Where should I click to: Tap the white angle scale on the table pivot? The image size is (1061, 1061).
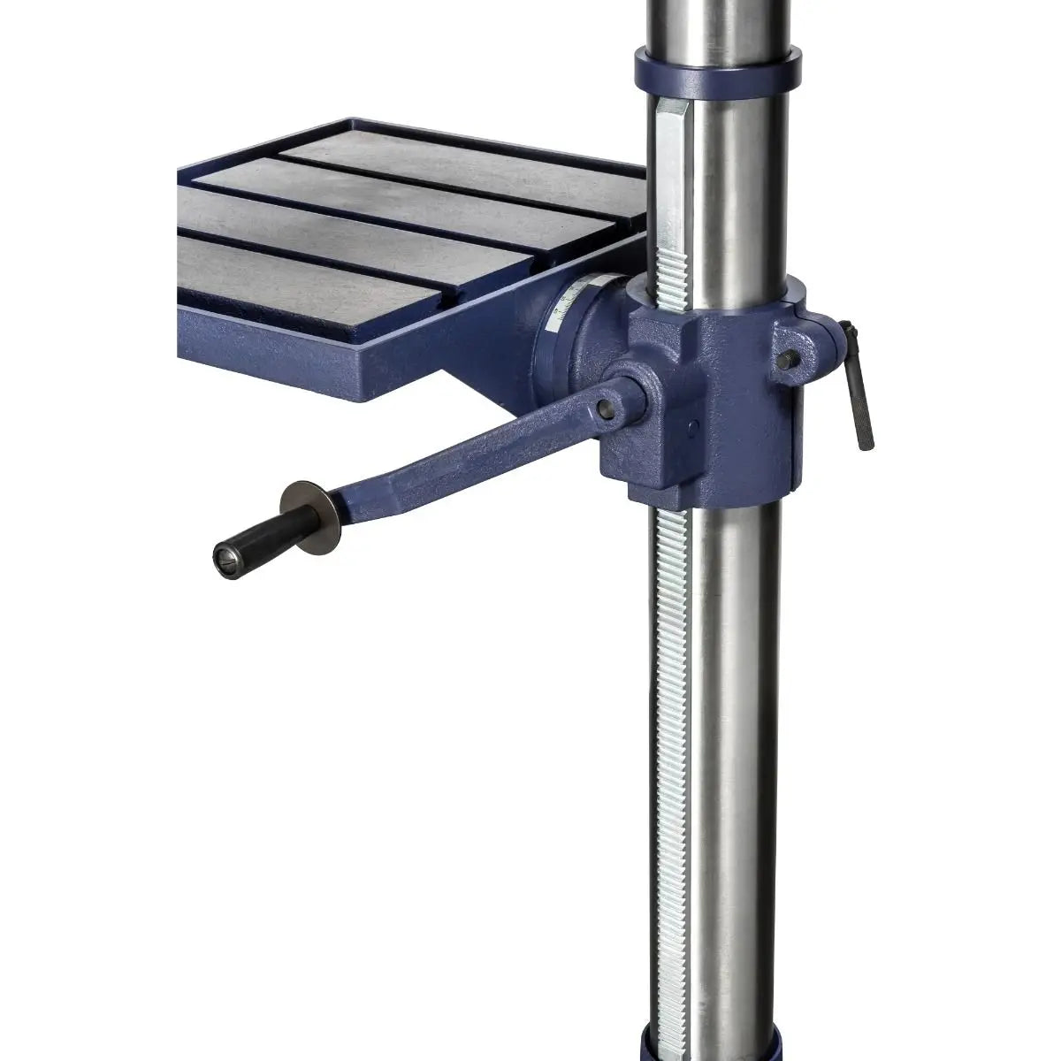pyautogui.click(x=566, y=309)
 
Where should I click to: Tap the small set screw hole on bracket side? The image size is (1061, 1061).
pyautogui.click(x=692, y=428)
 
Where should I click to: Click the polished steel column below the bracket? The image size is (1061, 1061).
pyautogui.click(x=738, y=752)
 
